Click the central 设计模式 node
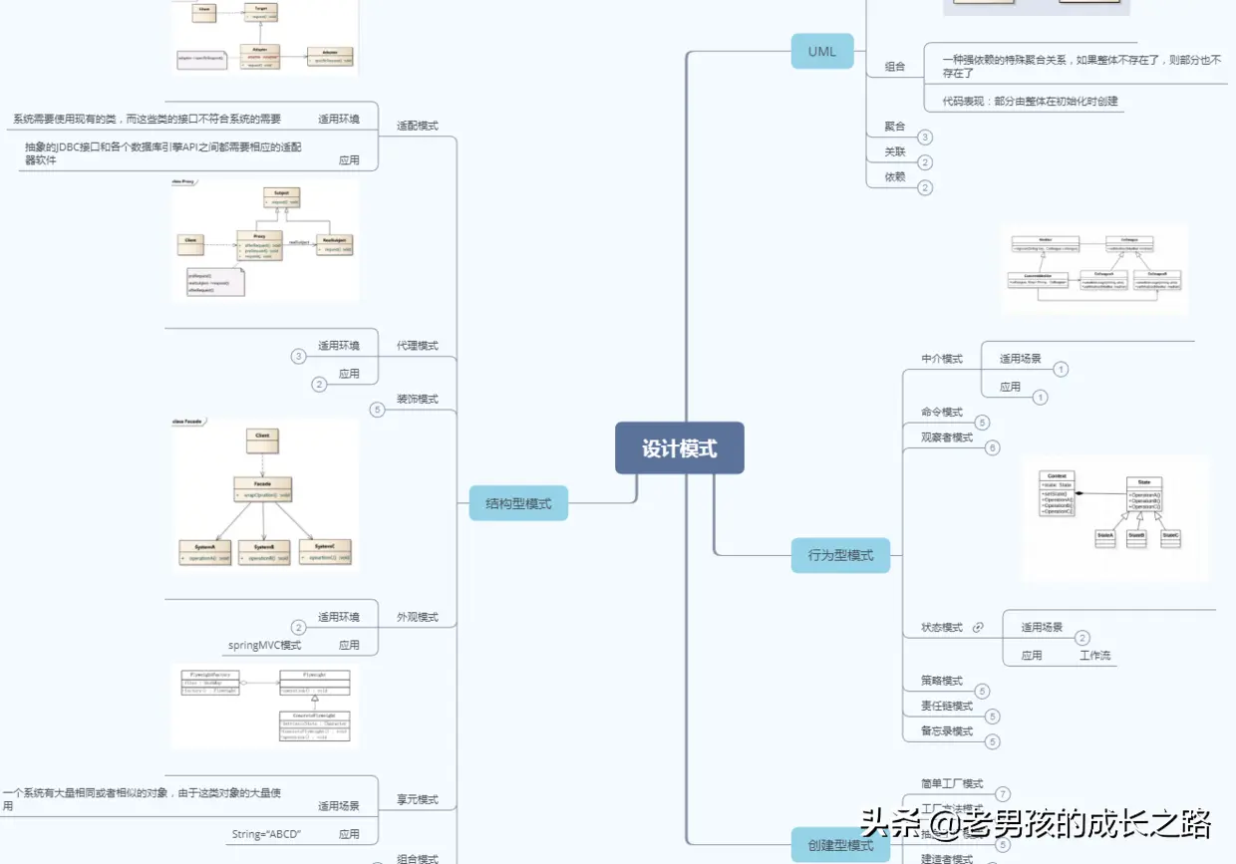tap(679, 448)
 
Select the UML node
tap(822, 51)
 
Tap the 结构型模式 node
tap(518, 503)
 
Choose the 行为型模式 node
tap(840, 555)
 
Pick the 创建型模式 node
tap(840, 845)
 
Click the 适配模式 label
tap(418, 126)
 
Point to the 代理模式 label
tap(418, 346)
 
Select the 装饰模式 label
tap(418, 399)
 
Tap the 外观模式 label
tap(418, 617)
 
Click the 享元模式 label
tap(418, 799)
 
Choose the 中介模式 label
tap(942, 359)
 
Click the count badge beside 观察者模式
tap(992, 447)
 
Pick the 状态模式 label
tap(942, 628)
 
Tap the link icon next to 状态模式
tap(978, 628)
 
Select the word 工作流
tap(1094, 656)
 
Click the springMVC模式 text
tap(264, 645)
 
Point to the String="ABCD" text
tap(266, 834)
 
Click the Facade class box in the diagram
tap(263, 488)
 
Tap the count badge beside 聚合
tap(925, 138)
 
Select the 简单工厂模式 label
tap(953, 783)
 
